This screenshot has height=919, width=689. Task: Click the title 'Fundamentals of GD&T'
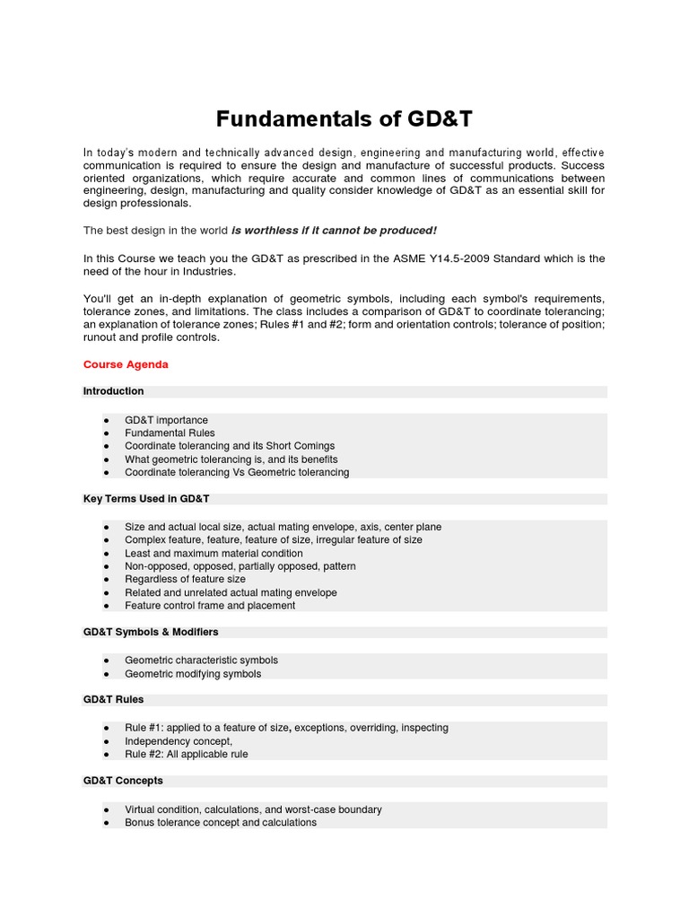(344, 118)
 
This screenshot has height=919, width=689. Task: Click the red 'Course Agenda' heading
(126, 365)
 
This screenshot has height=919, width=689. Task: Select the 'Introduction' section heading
(113, 391)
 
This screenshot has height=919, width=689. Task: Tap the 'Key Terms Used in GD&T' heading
(146, 498)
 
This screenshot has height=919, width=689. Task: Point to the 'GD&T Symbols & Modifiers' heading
(151, 632)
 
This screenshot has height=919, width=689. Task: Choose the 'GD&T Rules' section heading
(113, 699)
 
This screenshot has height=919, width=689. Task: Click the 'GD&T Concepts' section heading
(123, 781)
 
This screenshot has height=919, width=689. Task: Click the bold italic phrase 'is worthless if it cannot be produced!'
(334, 231)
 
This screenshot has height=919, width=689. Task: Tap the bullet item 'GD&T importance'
(166, 420)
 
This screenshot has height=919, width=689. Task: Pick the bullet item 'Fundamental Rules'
(170, 433)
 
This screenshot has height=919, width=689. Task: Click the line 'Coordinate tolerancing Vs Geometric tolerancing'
(237, 472)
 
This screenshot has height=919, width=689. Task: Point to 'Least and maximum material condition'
(214, 554)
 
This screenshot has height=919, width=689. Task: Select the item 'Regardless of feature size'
(185, 580)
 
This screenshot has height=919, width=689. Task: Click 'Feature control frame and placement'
(210, 606)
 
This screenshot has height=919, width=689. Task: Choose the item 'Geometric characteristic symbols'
(202, 661)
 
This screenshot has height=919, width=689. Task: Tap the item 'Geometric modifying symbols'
(193, 674)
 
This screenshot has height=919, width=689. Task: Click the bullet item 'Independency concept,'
(179, 741)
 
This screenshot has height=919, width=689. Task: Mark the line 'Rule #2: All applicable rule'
(187, 755)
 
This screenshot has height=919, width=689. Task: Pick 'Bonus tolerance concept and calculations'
(221, 822)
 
